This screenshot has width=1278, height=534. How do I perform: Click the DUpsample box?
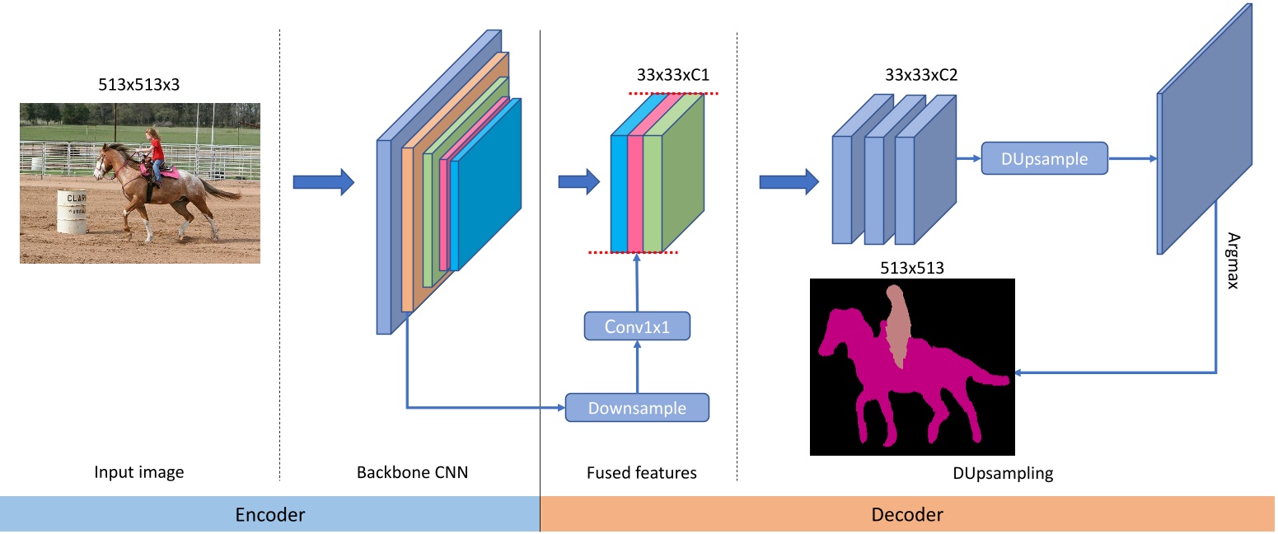pyautogui.click(x=1044, y=158)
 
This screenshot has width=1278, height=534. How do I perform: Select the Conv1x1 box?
pyautogui.click(x=637, y=326)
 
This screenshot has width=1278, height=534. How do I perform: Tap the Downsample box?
pyautogui.click(x=637, y=408)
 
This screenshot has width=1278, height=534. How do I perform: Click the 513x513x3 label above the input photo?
pyautogui.click(x=138, y=84)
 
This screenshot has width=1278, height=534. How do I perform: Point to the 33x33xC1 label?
pyautogui.click(x=672, y=75)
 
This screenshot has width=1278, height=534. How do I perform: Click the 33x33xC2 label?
pyautogui.click(x=921, y=75)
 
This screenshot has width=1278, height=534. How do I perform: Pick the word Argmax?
pyautogui.click(x=1233, y=260)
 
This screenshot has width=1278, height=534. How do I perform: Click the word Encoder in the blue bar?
pyautogui.click(x=270, y=514)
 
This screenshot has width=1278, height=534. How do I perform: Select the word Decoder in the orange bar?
pyautogui.click(x=906, y=514)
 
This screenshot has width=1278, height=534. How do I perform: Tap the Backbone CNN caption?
pyautogui.click(x=412, y=472)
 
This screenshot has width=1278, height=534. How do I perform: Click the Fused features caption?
pyautogui.click(x=641, y=472)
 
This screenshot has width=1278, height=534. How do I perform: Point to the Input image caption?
pyautogui.click(x=138, y=472)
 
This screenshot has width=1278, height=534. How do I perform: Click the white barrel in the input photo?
pyautogui.click(x=72, y=212)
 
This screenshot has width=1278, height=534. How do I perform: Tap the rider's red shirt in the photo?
pyautogui.click(x=156, y=149)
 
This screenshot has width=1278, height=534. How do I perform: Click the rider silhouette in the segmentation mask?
pyautogui.click(x=896, y=326)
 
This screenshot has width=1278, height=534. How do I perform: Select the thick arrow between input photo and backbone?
pyautogui.click(x=324, y=182)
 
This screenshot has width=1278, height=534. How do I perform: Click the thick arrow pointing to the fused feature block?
pyautogui.click(x=578, y=182)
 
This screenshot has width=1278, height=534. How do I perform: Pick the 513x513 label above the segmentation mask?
pyautogui.click(x=911, y=268)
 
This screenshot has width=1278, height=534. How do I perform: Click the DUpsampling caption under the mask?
pyautogui.click(x=1003, y=473)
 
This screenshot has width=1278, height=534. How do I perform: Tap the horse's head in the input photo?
pyautogui.click(x=102, y=162)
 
